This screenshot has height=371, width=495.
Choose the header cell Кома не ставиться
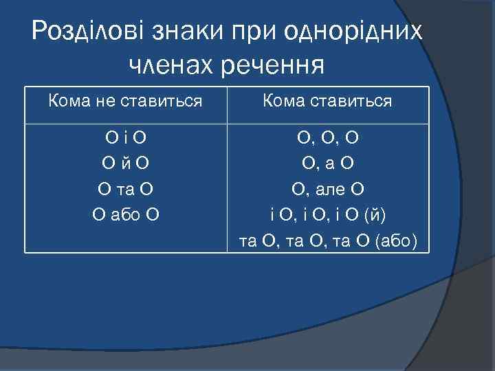[x=125, y=102]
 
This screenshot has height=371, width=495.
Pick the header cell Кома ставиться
[x=327, y=102]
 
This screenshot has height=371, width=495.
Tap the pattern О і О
[x=125, y=138]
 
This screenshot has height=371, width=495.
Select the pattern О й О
[x=125, y=164]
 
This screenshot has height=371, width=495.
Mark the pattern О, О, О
[x=327, y=138]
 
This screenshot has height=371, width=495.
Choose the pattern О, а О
[x=327, y=164]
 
